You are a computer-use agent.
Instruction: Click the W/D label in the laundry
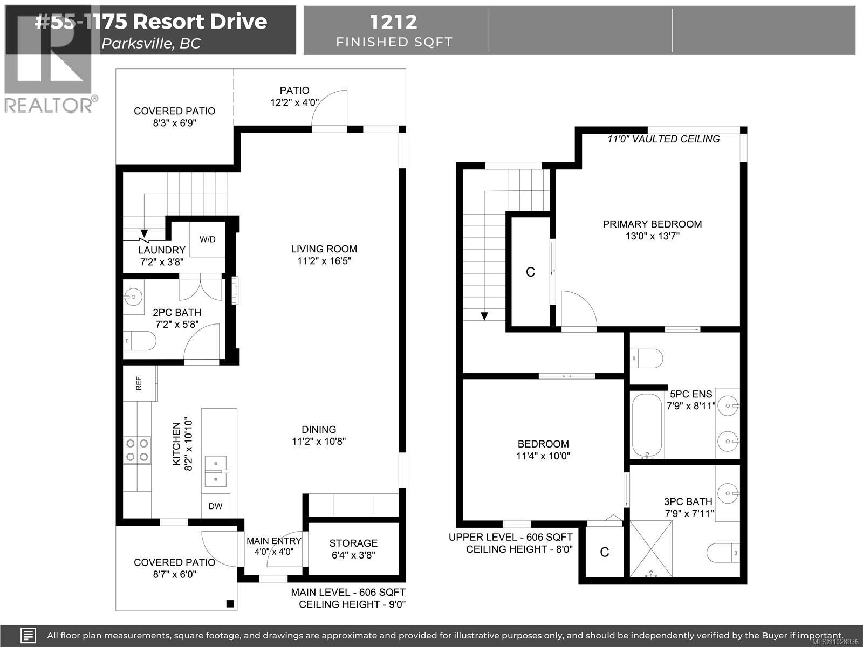click(x=208, y=239)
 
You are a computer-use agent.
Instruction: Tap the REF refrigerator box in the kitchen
click(x=139, y=383)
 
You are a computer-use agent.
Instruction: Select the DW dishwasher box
click(x=216, y=506)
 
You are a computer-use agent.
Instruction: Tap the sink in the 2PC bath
click(x=133, y=296)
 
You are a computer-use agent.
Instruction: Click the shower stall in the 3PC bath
click(x=651, y=548)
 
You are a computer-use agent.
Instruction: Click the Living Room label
click(x=324, y=249)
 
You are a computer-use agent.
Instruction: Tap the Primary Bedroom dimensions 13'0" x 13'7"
click(x=652, y=236)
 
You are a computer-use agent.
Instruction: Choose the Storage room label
click(x=353, y=543)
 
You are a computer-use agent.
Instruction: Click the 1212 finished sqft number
click(x=393, y=22)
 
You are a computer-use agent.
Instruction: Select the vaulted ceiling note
click(x=663, y=139)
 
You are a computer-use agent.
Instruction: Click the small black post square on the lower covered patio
click(x=230, y=603)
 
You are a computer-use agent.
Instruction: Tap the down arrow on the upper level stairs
click(x=484, y=316)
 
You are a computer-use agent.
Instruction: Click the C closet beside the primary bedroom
click(x=530, y=272)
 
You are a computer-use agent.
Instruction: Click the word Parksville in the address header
click(x=136, y=44)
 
